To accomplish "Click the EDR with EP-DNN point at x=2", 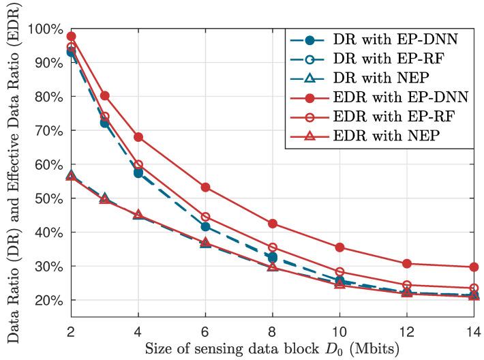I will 71,36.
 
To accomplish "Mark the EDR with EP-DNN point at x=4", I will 138,137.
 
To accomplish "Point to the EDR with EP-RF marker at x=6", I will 205,217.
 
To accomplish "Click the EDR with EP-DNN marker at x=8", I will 273,224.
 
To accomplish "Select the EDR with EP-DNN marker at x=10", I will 339,247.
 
